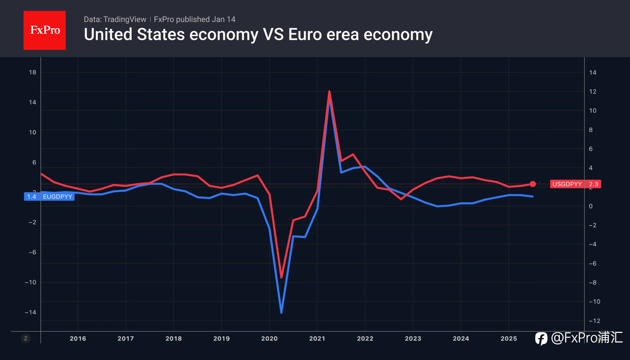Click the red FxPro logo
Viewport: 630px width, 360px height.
point(44,31)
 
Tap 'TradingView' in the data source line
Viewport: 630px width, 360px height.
point(125,19)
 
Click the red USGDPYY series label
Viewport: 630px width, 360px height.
point(567,184)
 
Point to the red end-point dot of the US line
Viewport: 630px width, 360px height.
point(533,184)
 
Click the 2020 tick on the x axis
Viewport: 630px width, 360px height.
point(269,339)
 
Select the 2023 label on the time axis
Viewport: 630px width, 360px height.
point(413,339)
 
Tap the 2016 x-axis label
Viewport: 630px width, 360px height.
point(78,339)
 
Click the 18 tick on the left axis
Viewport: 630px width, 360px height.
point(32,72)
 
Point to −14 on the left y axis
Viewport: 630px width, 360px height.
point(31,312)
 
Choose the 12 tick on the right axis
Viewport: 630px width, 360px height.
point(593,91)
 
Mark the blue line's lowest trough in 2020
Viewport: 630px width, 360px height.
point(281,312)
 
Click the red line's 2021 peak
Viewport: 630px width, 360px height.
point(329,92)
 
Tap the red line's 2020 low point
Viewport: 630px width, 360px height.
point(281,277)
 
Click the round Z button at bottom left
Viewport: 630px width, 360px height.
point(26,339)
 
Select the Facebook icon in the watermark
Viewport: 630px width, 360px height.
point(541,339)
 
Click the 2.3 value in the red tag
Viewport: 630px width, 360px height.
point(593,184)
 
